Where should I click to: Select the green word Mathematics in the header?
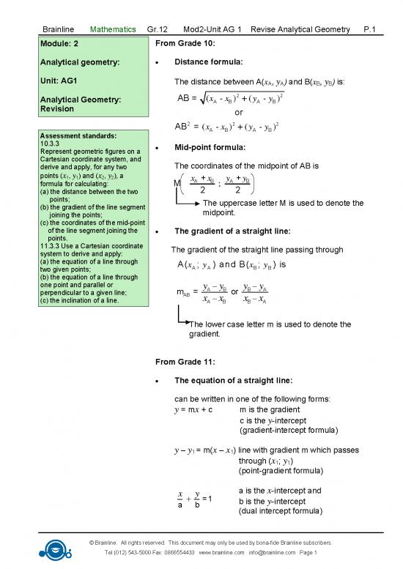point(113,29)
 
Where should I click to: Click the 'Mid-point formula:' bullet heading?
point(210,147)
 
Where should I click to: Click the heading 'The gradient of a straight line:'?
point(230,232)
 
